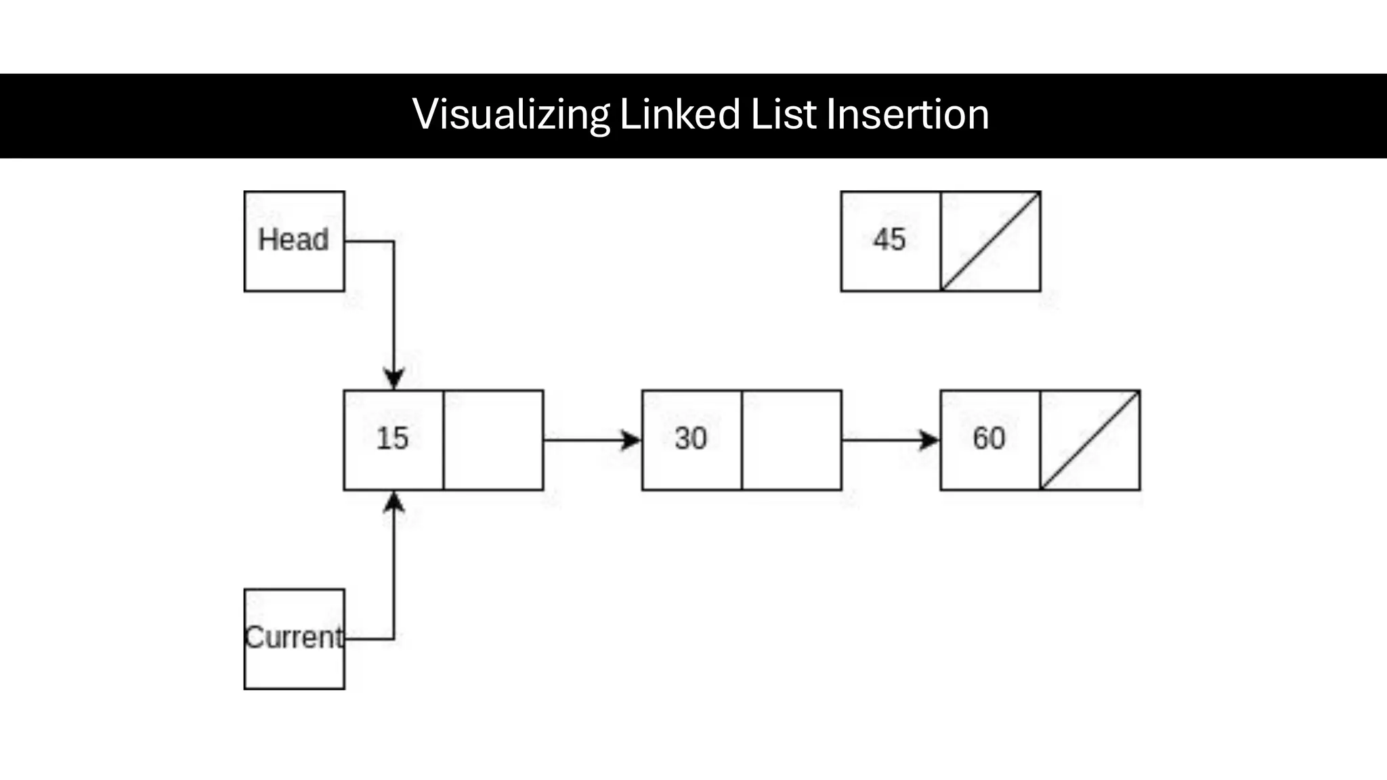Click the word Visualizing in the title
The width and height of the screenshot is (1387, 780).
[511, 114]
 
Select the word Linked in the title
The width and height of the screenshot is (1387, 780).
[679, 114]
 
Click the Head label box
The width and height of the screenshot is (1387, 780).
[294, 241]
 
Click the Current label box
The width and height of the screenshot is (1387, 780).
[294, 638]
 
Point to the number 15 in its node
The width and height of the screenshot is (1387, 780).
[393, 439]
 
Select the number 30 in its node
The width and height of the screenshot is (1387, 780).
[691, 439]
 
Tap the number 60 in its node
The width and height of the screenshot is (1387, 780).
[989, 439]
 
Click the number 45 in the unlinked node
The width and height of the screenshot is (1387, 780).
[889, 240]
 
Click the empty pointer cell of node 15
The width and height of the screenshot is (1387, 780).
[493, 440]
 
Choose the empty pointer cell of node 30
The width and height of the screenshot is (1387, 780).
[791, 440]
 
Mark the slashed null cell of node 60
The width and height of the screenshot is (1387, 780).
[1090, 440]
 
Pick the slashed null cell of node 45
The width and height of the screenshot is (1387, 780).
[990, 242]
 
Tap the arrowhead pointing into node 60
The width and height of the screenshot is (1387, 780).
[930, 440]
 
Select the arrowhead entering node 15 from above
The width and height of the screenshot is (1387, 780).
[393, 378]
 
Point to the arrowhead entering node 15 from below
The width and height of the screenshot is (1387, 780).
[393, 502]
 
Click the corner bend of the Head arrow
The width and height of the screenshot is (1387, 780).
[393, 241]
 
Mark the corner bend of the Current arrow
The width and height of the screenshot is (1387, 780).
[393, 638]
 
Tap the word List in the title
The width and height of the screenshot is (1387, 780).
[784, 114]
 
